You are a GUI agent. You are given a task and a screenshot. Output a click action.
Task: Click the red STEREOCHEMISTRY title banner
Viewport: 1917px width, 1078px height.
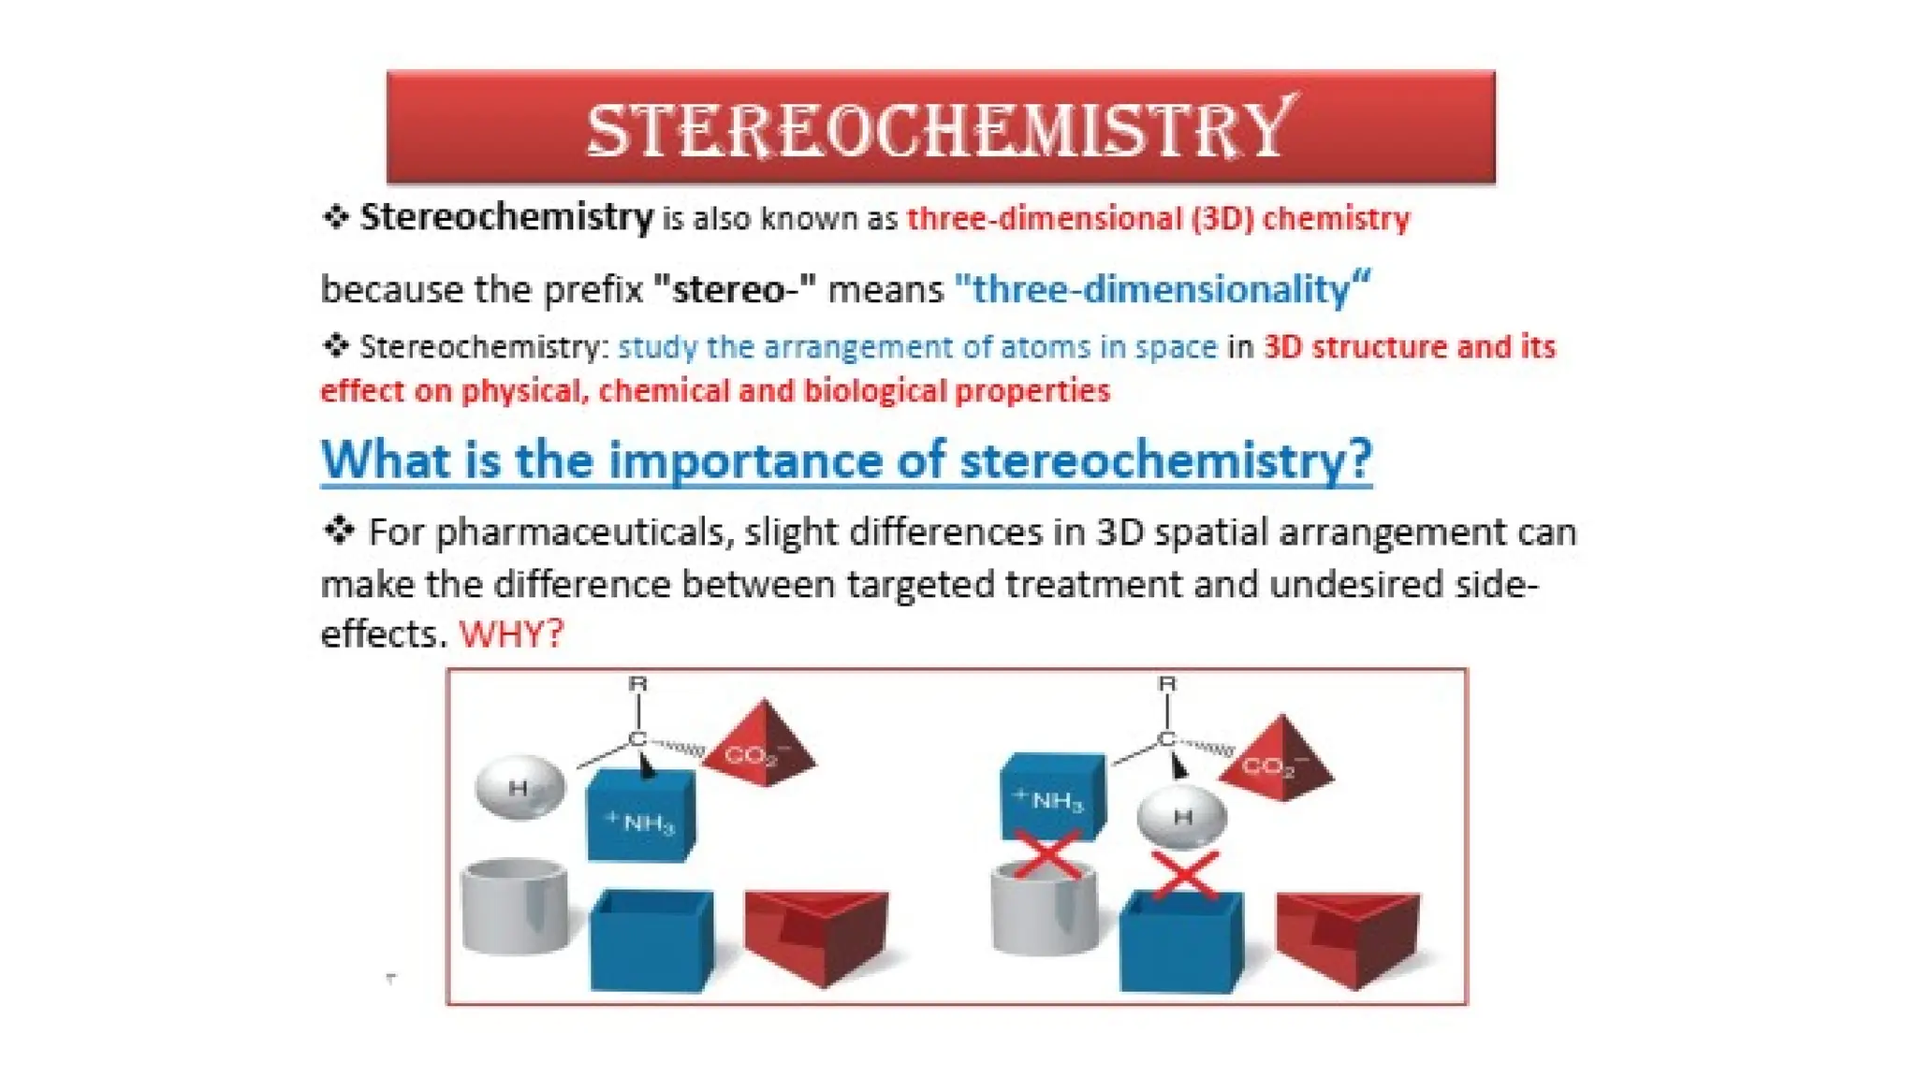click(940, 127)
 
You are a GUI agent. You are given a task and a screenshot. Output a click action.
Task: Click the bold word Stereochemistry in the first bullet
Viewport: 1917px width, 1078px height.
click(506, 217)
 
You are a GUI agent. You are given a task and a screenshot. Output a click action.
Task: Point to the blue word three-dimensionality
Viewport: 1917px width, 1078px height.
click(1162, 289)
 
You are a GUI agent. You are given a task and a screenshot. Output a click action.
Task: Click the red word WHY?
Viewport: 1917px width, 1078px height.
click(512, 634)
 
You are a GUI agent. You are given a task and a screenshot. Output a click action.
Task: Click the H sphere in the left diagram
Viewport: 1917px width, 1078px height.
click(519, 787)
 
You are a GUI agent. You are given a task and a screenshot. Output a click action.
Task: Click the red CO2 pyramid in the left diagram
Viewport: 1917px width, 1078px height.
click(760, 745)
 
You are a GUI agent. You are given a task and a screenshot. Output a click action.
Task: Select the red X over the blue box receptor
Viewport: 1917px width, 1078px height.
click(1184, 876)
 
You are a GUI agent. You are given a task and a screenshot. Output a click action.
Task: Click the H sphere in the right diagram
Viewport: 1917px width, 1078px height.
click(1181, 817)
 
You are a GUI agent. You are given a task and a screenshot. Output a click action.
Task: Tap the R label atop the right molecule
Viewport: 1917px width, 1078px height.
click(1166, 684)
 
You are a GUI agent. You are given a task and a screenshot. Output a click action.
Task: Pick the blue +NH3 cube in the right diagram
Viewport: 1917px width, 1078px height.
click(1053, 796)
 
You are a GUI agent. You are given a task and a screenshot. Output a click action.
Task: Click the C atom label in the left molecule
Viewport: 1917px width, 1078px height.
click(637, 739)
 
